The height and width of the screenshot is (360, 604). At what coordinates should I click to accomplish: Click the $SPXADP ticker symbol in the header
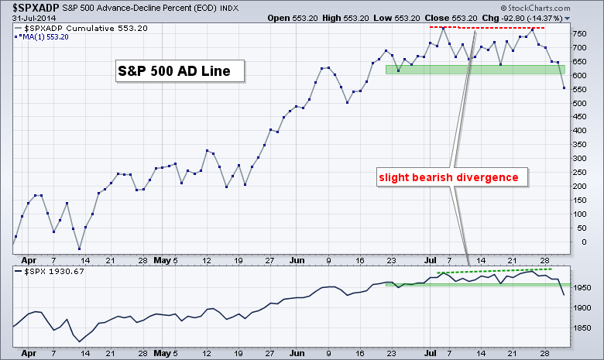coord(30,7)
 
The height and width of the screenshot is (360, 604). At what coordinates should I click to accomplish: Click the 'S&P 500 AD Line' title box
coord(174,72)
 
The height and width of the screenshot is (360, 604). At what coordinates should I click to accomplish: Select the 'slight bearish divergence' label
coord(448,177)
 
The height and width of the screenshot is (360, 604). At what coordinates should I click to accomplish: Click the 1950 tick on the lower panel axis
coord(583,288)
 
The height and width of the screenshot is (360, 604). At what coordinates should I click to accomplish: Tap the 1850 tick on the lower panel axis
coord(583,329)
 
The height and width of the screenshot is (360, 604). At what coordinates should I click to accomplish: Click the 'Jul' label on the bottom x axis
coord(430,353)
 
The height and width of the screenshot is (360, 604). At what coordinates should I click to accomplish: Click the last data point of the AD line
coord(562,88)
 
